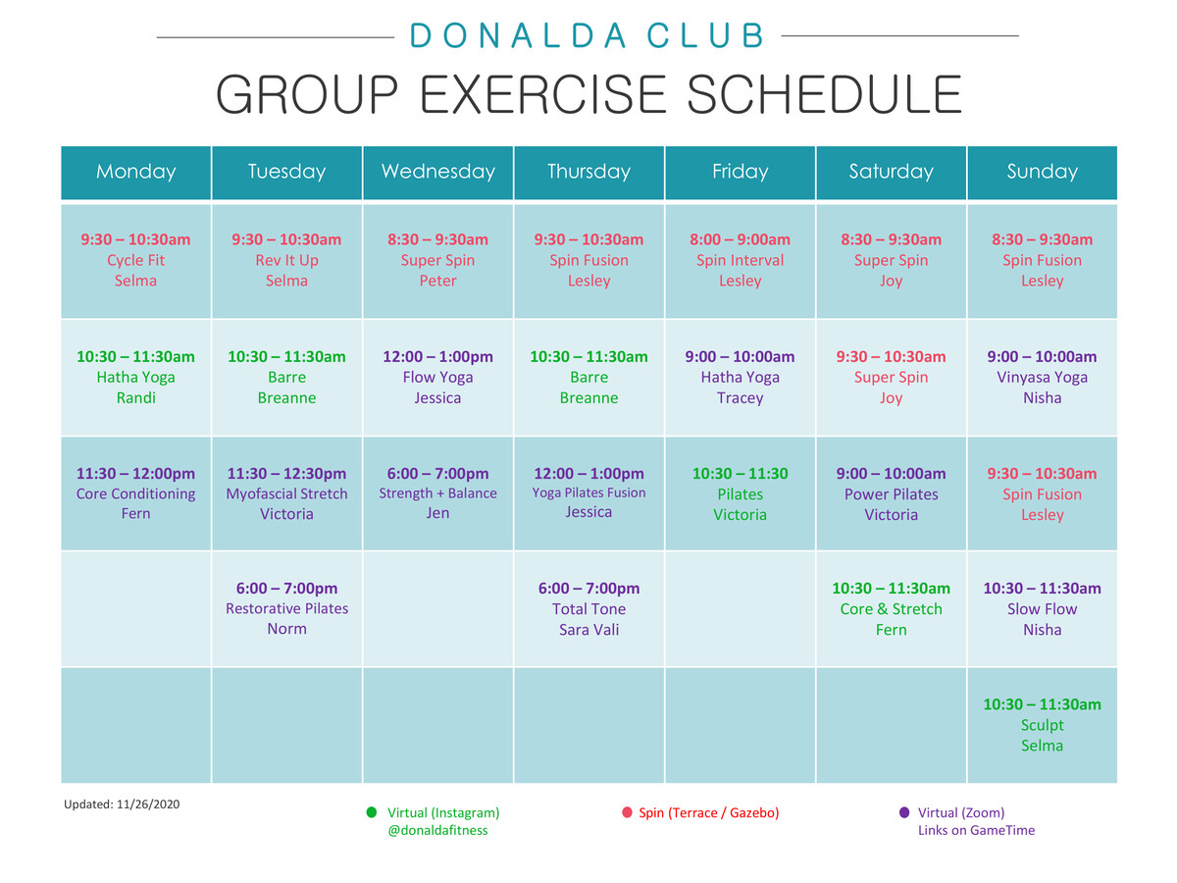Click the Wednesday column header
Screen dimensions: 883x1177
pyautogui.click(x=437, y=172)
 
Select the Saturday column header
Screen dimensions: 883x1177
pyautogui.click(x=891, y=172)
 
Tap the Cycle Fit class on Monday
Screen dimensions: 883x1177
pyautogui.click(x=136, y=260)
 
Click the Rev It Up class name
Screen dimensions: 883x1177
pyautogui.click(x=286, y=260)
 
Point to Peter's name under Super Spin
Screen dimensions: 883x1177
pyautogui.click(x=437, y=281)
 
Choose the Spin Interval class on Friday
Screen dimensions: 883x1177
pyautogui.click(x=740, y=260)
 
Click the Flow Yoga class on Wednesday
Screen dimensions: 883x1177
pyautogui.click(x=437, y=377)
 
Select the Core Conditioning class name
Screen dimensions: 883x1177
pyautogui.click(x=136, y=493)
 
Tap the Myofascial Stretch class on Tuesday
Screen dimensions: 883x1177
pyautogui.click(x=286, y=493)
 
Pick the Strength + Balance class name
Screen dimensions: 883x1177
pyautogui.click(x=437, y=493)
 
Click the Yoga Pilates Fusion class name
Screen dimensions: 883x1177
pyautogui.click(x=588, y=493)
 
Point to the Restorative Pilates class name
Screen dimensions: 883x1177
pyautogui.click(x=286, y=608)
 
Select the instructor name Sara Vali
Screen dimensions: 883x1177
pyautogui.click(x=588, y=630)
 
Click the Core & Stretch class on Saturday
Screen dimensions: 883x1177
pyautogui.click(x=891, y=608)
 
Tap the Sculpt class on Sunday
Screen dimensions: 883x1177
pyautogui.click(x=1042, y=725)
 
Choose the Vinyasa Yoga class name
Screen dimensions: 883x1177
pyautogui.click(x=1042, y=377)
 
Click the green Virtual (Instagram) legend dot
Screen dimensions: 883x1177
pyautogui.click(x=372, y=812)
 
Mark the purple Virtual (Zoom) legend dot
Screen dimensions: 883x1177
pyautogui.click(x=904, y=812)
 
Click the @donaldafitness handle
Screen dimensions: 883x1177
pyautogui.click(x=437, y=830)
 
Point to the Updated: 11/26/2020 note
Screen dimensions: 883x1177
pyautogui.click(x=122, y=805)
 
